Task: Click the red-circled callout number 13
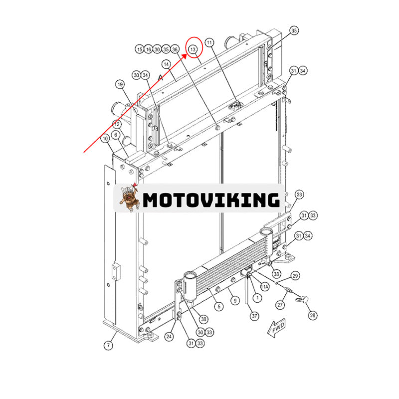pos(193,49)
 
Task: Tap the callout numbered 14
pos(166,64)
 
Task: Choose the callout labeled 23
pos(299,194)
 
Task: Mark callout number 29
pos(295,276)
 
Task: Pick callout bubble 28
pos(313,315)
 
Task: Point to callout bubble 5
pos(218,306)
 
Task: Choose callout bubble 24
pos(170,337)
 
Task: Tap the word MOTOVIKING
pos(211,200)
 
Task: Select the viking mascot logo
pos(129,198)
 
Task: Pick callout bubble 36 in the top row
pos(175,49)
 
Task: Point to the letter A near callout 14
pos(161,78)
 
